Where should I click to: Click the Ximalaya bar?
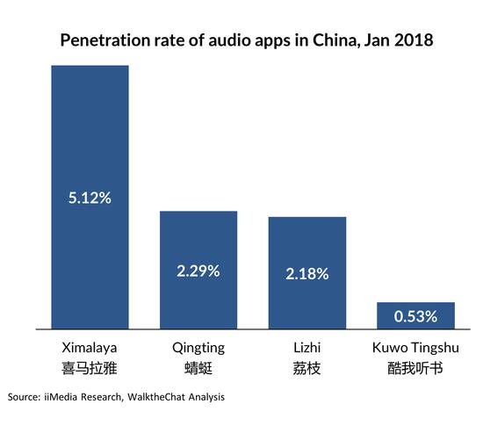point(90,132)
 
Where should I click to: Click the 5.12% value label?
point(90,198)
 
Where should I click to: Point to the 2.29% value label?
point(198,272)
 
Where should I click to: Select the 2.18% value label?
point(306,274)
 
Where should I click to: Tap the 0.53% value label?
point(415,316)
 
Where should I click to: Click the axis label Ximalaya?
point(90,349)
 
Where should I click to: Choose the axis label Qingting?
point(198,349)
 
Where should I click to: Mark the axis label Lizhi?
point(306,349)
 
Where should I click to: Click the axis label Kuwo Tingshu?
point(415,349)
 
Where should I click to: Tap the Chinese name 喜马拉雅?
point(90,369)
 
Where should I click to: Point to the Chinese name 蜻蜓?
point(198,369)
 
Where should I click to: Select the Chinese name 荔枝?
point(306,369)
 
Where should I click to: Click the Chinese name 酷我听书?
point(415,369)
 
